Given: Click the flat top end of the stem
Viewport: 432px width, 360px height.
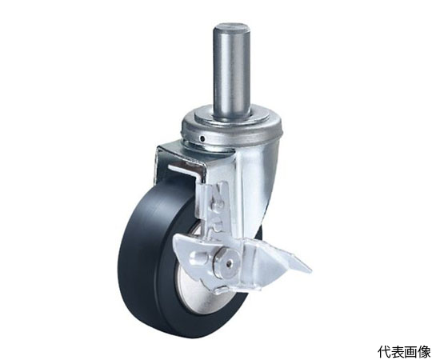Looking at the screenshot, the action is [x=232, y=27].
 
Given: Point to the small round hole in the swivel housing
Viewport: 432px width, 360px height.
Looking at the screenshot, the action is [x=202, y=138].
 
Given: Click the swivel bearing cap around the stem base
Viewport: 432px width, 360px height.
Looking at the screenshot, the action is [x=231, y=126].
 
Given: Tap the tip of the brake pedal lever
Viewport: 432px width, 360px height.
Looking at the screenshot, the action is [x=309, y=270].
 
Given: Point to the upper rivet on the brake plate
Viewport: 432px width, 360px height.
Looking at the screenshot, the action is [x=219, y=204].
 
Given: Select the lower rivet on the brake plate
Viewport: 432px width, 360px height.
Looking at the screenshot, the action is [x=218, y=227].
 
